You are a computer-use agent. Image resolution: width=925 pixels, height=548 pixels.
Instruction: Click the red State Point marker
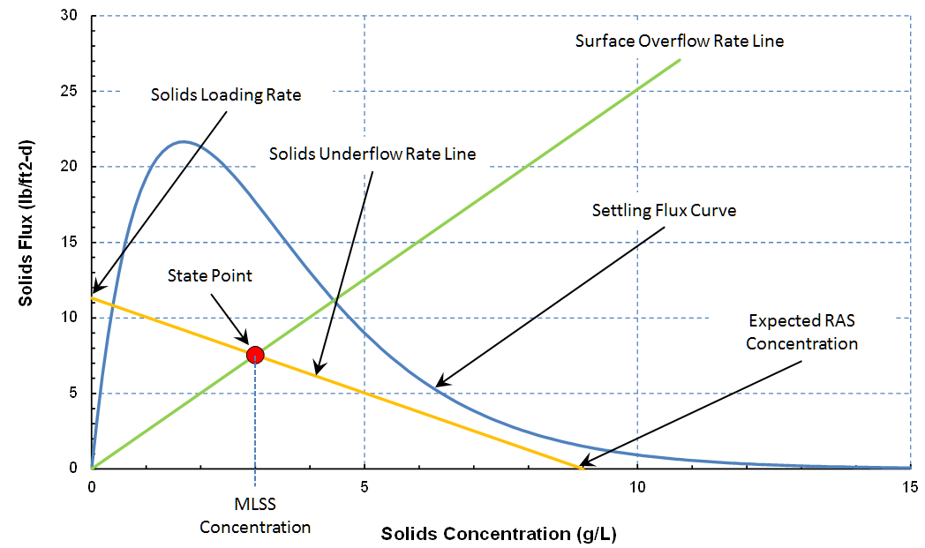255,355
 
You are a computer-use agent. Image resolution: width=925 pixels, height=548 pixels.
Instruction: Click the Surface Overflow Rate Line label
679,41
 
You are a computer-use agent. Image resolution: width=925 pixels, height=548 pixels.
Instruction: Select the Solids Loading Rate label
226,95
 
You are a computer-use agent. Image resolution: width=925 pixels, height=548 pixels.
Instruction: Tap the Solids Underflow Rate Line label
372,154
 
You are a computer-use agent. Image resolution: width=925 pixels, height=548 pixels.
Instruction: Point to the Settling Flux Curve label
664,211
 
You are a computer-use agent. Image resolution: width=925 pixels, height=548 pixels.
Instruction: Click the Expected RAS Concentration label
801,331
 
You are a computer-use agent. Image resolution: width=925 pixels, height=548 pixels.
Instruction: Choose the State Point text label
210,276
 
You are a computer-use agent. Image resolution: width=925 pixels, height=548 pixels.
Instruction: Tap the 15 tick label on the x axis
909,486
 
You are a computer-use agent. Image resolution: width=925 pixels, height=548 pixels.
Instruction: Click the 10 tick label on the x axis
636,486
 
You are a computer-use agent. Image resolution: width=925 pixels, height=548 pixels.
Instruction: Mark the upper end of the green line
680,60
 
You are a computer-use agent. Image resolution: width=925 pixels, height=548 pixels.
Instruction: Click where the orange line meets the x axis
582,468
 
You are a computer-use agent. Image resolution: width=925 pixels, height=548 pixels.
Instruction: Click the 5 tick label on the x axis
365,486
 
